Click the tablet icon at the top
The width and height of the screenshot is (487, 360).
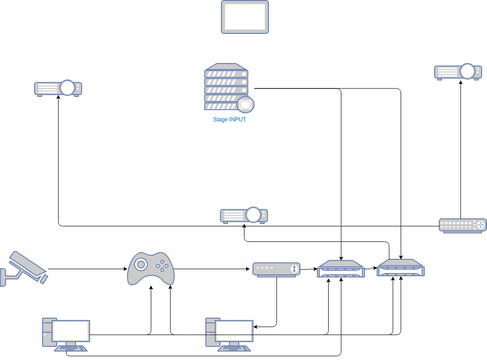244,17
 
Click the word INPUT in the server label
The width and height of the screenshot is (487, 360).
238,120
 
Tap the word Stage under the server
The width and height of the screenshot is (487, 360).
220,120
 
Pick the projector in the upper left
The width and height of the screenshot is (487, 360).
58,88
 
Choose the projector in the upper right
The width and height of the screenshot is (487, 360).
458,72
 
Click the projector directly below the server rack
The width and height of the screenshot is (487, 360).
244,215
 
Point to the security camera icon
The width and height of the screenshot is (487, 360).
24,267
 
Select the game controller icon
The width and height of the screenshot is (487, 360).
151,268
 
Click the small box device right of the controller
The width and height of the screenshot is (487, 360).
276,269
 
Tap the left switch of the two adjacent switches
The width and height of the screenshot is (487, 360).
340,269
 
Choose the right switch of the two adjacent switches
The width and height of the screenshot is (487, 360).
401,268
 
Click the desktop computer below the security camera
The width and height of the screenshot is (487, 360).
66,334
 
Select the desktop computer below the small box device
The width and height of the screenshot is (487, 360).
229,334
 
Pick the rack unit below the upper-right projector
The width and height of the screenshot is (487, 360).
462,225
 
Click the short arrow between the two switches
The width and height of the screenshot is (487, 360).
370,268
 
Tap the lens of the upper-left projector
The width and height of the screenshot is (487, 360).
68,88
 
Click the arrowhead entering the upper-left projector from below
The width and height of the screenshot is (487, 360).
58,100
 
